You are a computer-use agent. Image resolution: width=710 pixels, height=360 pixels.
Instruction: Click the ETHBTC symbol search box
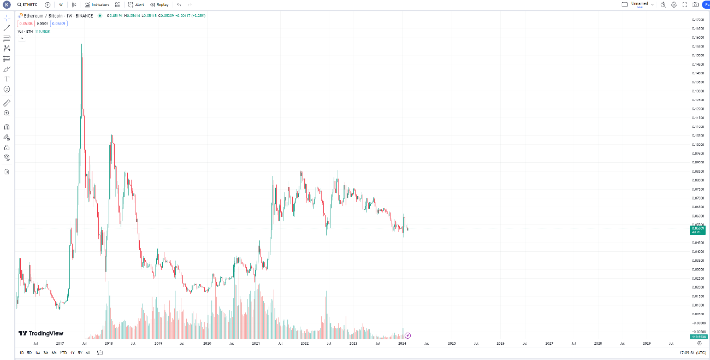[x=27, y=4]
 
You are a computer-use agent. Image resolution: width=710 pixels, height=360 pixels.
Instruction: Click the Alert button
[x=137, y=4]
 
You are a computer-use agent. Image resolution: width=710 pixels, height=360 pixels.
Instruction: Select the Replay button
[x=159, y=4]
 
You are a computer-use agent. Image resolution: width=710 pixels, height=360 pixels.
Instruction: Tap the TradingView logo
[x=41, y=333]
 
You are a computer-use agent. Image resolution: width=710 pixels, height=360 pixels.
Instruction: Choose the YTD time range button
[x=63, y=353]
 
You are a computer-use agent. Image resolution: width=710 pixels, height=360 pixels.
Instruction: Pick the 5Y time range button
[x=80, y=353]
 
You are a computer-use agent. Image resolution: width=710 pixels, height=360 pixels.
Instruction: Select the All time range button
[x=88, y=353]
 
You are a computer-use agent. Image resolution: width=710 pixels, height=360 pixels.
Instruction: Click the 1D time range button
[x=21, y=353]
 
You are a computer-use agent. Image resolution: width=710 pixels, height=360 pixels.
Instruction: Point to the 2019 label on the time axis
[x=158, y=344]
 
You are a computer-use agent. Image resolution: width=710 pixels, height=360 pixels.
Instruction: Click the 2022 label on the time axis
[x=305, y=344]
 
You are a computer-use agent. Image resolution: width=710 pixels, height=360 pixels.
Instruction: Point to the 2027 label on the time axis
[x=549, y=344]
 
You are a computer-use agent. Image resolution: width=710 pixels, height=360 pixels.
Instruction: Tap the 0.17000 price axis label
[x=697, y=20]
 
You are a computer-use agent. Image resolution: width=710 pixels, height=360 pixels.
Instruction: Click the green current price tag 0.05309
[x=697, y=230]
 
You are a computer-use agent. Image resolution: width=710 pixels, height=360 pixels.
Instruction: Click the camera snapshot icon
[x=695, y=4]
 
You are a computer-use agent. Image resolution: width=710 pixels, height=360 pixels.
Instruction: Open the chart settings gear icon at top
[x=674, y=4]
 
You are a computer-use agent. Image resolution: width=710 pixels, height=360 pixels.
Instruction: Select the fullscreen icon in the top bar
[x=684, y=4]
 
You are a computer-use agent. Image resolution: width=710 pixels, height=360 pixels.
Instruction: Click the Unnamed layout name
[x=640, y=3]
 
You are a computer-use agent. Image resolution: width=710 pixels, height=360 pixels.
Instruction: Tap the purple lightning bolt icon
[x=407, y=335]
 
